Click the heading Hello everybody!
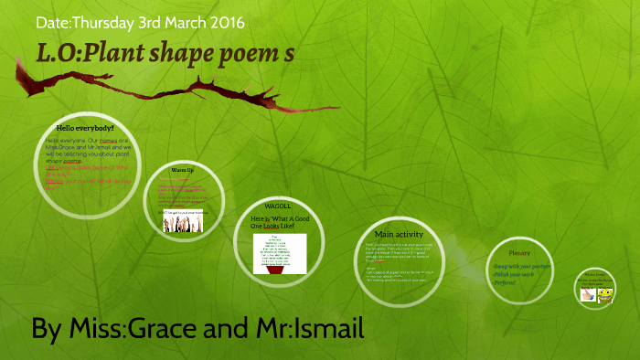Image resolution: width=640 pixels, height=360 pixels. tap(83, 128)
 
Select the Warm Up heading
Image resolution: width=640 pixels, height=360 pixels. tap(183, 171)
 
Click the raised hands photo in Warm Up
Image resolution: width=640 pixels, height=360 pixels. tap(183, 221)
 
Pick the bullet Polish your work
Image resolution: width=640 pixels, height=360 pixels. tap(514, 274)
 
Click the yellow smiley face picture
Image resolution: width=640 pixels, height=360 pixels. tap(603, 295)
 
